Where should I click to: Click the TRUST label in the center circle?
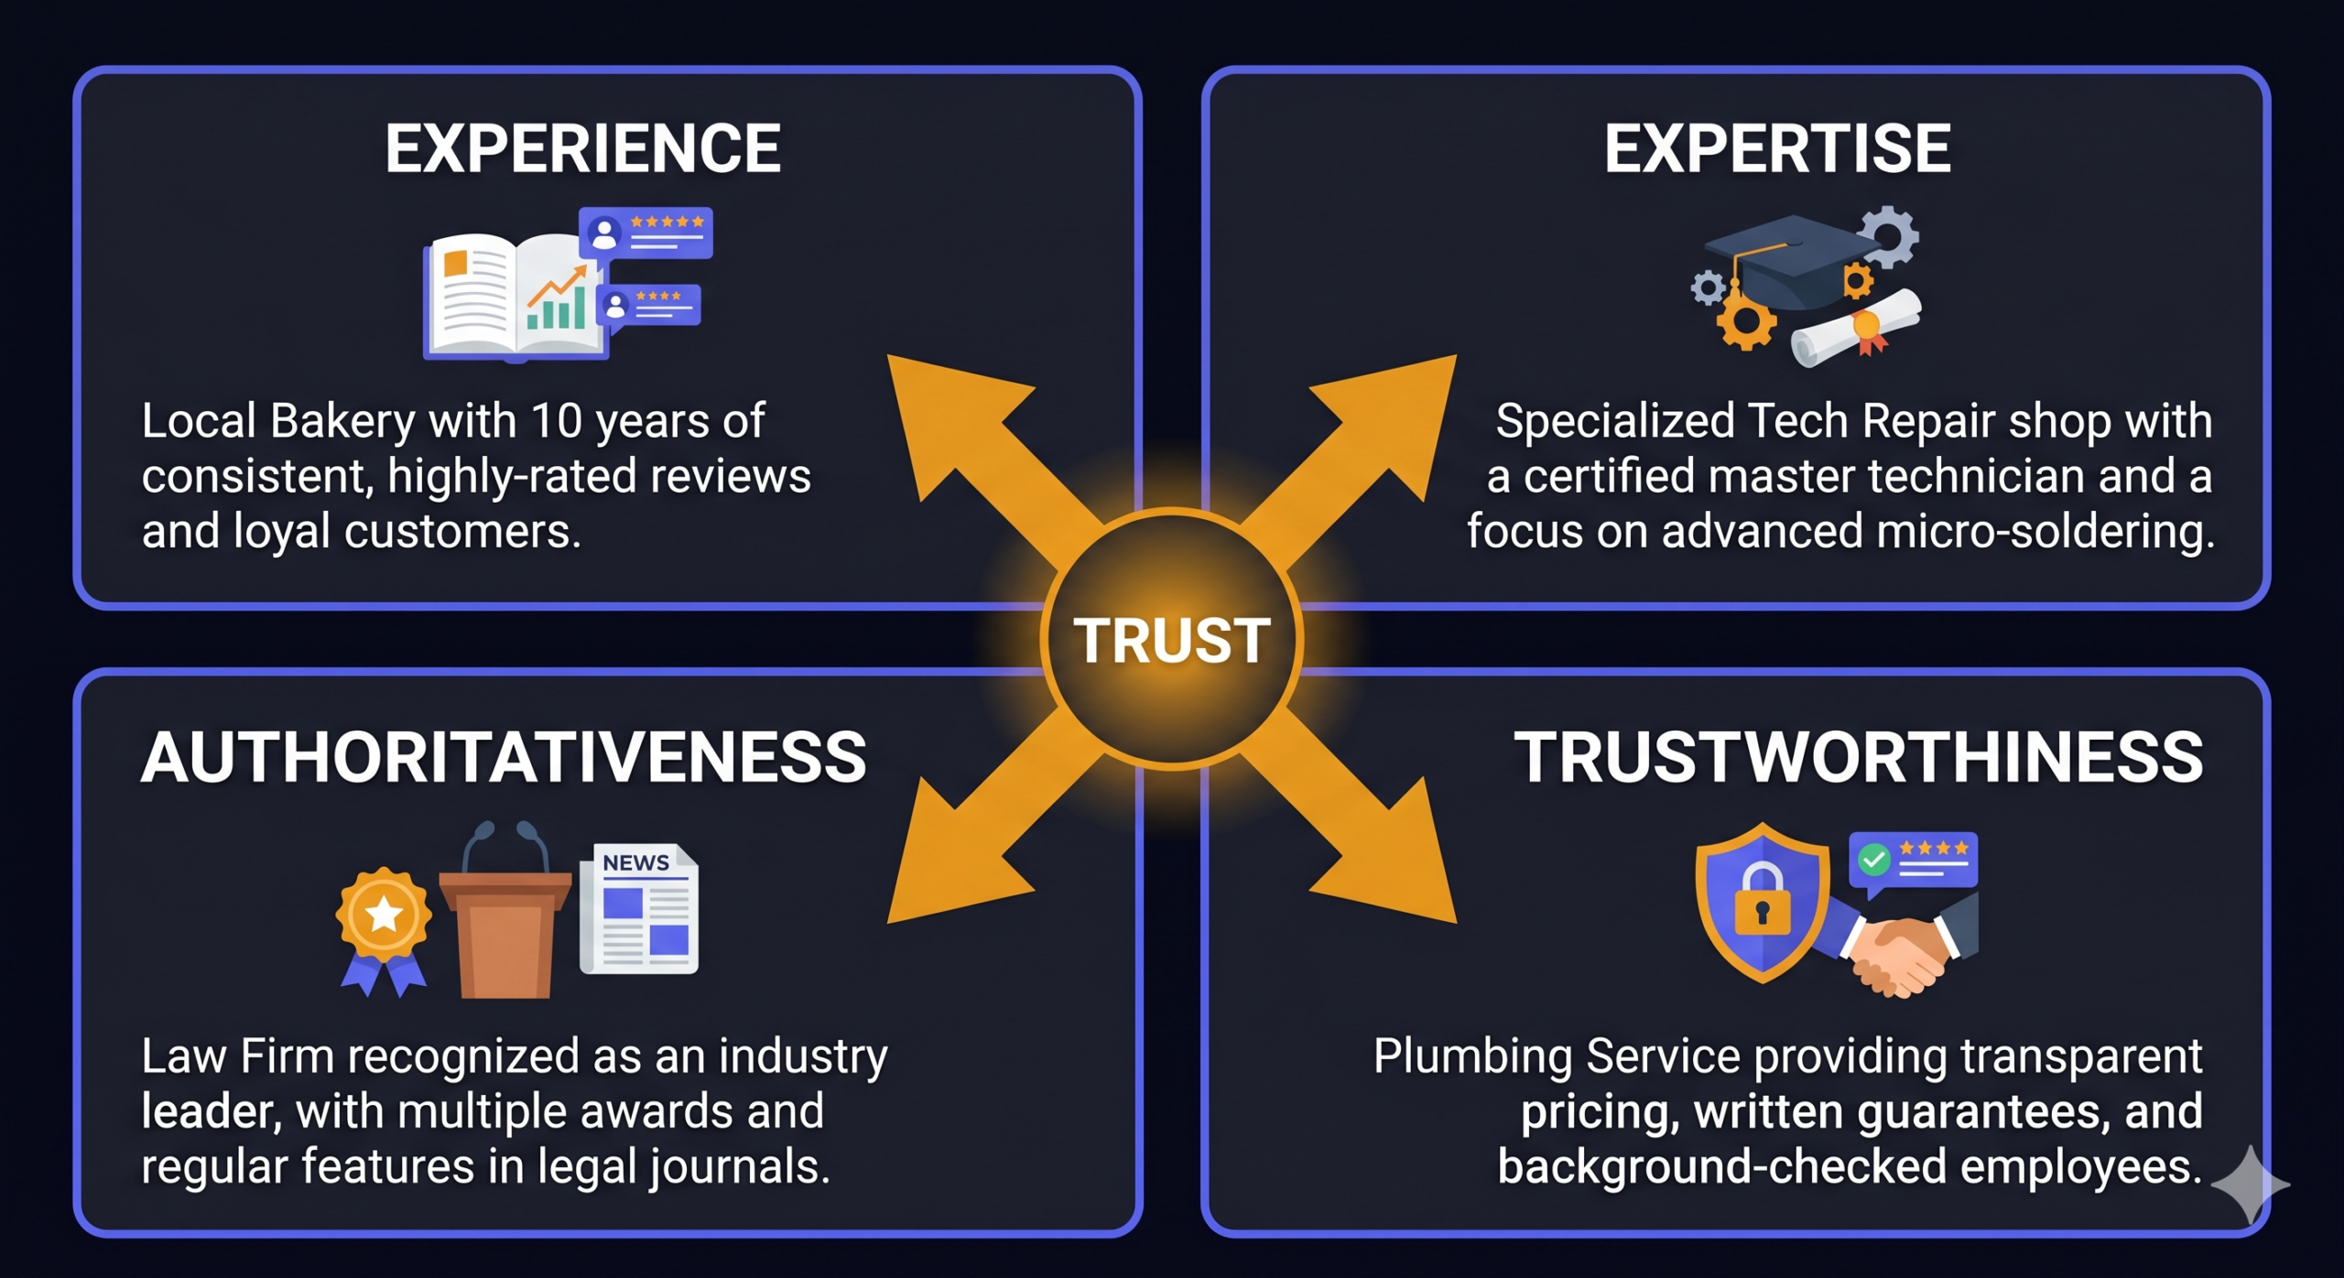[1171, 640]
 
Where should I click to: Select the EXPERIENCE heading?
[583, 148]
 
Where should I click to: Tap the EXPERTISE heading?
[1777, 148]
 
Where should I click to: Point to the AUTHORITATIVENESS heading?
[504, 757]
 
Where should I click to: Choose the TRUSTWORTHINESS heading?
[1858, 757]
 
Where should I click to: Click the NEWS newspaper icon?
[639, 908]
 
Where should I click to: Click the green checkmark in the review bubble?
[1873, 860]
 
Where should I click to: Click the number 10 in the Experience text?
[557, 421]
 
